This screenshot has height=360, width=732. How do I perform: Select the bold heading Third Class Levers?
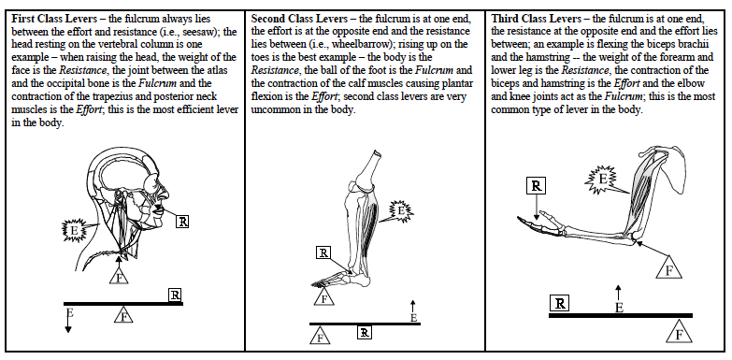coord(537,19)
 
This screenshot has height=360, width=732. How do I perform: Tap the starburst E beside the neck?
coord(75,230)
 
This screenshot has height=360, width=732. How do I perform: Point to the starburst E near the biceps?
coord(601,180)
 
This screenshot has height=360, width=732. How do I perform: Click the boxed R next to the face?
coord(182,222)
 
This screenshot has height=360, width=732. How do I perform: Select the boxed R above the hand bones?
coord(536,186)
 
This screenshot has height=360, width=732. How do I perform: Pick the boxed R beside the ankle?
coord(323,253)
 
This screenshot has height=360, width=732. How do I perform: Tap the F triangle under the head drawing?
coord(119,277)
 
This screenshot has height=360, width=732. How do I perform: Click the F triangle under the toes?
coord(323,297)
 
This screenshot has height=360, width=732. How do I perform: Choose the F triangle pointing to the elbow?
coord(669,267)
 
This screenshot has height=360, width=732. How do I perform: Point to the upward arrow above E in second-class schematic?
coord(412,307)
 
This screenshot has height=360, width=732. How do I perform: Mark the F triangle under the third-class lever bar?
coord(680,332)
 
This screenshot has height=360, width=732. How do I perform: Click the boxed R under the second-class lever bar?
coord(365,333)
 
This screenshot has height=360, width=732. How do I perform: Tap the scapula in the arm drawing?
coord(672,167)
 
